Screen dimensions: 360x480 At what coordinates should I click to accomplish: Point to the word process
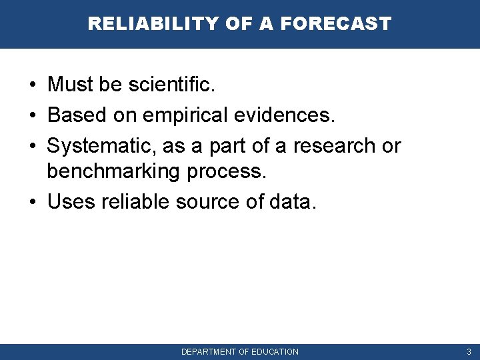pyautogui.click(x=227, y=172)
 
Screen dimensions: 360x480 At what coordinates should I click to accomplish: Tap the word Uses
pyautogui.click(x=71, y=202)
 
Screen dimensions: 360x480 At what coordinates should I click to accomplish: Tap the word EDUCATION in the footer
pyautogui.click(x=275, y=352)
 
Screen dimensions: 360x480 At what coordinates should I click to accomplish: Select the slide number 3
pyautogui.click(x=469, y=352)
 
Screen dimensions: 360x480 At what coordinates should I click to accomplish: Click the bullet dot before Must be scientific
pyautogui.click(x=32, y=85)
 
